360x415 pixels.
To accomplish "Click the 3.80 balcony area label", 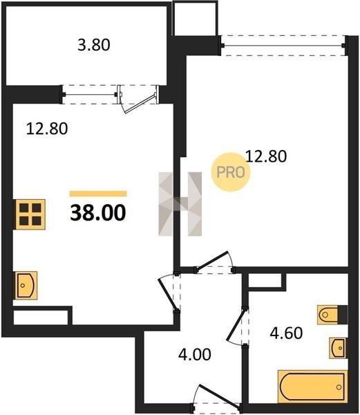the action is coord(94,45).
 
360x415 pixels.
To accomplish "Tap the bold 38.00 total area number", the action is coord(98,213).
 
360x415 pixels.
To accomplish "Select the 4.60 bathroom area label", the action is coord(286,333).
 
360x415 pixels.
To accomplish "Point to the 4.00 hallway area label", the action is coord(195,354).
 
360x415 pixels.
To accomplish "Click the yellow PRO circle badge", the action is coord(231,172).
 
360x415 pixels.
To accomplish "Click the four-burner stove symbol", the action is coord(30,214).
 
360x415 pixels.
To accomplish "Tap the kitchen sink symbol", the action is coord(26,285).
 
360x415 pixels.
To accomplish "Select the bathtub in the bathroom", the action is coord(313,387).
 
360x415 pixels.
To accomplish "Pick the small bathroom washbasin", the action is coord(338,348).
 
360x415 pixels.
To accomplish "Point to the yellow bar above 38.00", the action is coord(98,194).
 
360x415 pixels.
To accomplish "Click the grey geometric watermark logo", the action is coord(180,204).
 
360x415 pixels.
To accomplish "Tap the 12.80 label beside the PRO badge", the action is coord(266,156).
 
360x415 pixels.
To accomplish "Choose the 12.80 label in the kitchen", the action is coord(47,129).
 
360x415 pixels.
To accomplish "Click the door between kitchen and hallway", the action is coord(169,293).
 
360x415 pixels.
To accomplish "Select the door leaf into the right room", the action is coord(211,261).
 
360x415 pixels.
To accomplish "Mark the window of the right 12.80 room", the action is coord(283,46).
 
